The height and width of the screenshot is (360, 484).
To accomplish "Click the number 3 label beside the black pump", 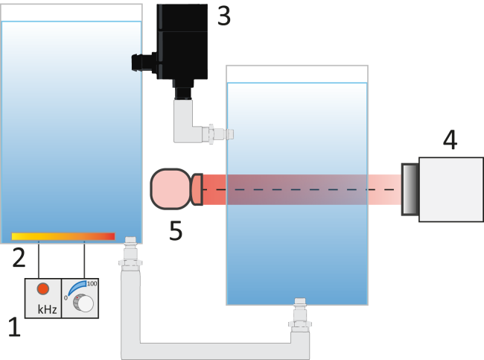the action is [224, 16].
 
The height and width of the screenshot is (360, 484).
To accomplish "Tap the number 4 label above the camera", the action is [450, 139].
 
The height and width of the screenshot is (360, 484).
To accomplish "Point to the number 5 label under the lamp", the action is [176, 230].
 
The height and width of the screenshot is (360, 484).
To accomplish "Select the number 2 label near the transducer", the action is [19, 257].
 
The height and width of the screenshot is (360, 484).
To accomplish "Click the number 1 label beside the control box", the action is [14, 327].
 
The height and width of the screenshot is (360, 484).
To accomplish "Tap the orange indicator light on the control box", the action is [43, 289].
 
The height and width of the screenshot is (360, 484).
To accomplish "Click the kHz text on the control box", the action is [47, 309].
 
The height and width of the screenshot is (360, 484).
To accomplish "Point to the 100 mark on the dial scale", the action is [92, 283].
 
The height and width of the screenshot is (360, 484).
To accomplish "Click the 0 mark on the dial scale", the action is [66, 297].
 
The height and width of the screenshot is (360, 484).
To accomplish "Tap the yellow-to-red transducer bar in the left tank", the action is [63, 236].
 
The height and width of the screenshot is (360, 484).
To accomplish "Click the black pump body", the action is [182, 42].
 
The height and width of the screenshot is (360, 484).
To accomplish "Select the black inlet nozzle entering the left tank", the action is [144, 63].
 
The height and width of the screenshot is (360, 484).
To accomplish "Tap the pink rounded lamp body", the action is [170, 189].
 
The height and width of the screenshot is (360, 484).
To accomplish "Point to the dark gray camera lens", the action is [410, 189].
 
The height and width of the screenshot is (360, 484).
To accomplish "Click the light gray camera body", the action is [451, 189].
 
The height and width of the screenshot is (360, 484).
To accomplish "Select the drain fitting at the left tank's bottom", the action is [130, 253].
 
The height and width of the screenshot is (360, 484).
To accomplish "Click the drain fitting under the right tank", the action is [300, 315].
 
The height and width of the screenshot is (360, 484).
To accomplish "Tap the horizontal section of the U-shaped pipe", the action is [215, 351].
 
